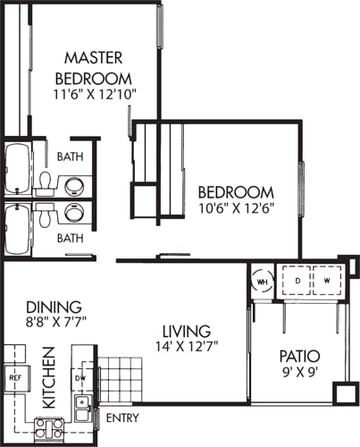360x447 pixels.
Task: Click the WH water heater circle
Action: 262,282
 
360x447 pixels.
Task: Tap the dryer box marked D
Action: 297,281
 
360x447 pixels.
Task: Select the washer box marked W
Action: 327,281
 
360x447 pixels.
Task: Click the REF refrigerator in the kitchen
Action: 16,378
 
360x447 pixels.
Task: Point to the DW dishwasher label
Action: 80,378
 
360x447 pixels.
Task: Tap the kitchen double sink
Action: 81,409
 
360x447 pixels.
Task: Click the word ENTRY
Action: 122,417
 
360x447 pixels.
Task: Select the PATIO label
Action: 300,356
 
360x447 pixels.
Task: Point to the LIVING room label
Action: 187,331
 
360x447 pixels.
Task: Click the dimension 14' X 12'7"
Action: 187,346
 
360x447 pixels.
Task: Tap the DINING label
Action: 54,307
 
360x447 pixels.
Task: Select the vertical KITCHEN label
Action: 49,377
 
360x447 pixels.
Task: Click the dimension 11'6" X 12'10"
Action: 95,95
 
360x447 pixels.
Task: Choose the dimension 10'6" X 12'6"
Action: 236,208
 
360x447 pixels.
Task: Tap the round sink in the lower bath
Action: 74,213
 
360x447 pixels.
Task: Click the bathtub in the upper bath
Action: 18,168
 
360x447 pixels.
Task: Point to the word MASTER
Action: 94,58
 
